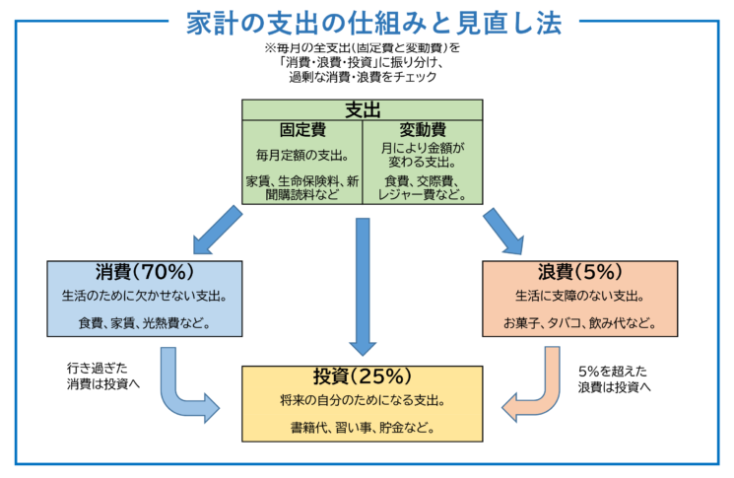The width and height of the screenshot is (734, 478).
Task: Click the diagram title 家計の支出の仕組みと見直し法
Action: coord(367,21)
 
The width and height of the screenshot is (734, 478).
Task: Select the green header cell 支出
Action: coord(363,109)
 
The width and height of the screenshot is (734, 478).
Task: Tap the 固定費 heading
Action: coord(301,129)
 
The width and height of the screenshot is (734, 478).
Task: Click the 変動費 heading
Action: coord(423,129)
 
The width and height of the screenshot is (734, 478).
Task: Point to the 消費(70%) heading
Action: coord(144,271)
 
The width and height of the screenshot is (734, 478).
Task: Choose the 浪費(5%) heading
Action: coord(580,271)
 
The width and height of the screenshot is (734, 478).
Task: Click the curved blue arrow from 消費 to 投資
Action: coord(187,389)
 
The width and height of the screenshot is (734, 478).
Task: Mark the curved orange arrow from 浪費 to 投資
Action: coord(537,389)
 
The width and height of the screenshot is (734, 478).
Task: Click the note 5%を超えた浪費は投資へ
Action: coord(617,378)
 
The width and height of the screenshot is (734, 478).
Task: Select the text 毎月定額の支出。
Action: coord(301,154)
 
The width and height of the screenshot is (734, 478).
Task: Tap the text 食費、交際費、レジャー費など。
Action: coord(423,187)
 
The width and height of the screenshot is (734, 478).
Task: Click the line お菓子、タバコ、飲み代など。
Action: coord(580,321)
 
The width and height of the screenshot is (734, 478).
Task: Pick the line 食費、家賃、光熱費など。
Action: coord(144,321)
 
